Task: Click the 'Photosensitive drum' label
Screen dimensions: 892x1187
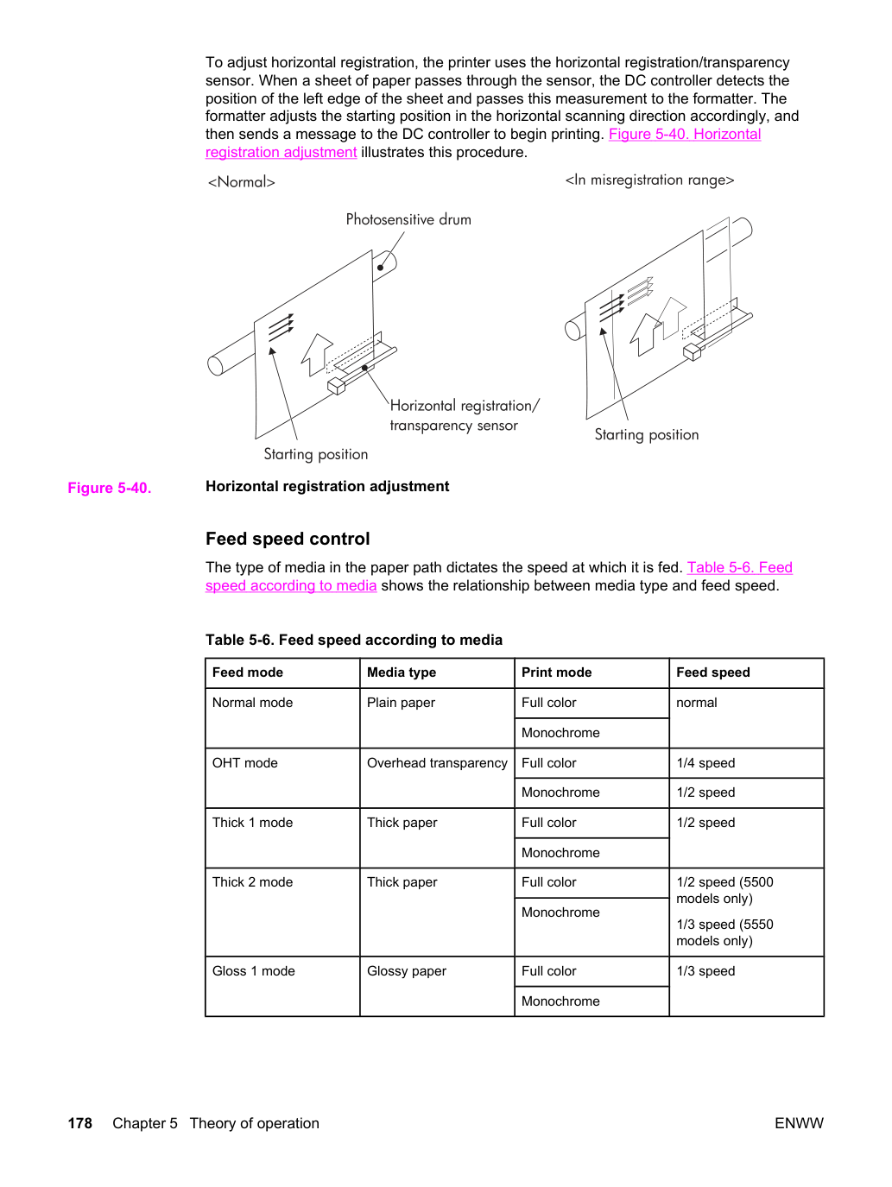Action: [x=408, y=219]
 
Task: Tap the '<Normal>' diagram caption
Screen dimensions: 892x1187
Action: [x=241, y=182]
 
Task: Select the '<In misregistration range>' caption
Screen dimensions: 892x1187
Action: [x=649, y=180]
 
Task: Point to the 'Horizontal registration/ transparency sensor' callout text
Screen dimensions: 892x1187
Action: [x=465, y=415]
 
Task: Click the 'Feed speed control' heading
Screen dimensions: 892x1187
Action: [x=288, y=539]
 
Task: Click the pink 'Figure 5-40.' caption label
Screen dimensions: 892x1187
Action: [x=110, y=488]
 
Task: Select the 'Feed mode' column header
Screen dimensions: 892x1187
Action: [x=248, y=672]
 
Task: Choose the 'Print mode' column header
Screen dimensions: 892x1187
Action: [x=557, y=672]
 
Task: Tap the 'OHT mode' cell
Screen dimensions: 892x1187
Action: [x=245, y=763]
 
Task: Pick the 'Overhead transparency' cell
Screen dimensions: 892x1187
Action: [x=437, y=763]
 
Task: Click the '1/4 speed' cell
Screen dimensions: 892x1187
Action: [x=705, y=763]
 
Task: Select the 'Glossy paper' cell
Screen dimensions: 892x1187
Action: [x=407, y=970]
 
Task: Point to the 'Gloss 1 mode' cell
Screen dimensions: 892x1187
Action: [x=254, y=970]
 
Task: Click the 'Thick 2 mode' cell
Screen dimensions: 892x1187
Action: [x=253, y=882]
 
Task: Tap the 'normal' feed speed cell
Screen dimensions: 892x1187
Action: [x=697, y=703]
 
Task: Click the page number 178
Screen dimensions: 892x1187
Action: [x=80, y=1123]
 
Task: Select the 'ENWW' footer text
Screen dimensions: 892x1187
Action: [x=799, y=1123]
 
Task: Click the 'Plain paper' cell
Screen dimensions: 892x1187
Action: [x=401, y=703]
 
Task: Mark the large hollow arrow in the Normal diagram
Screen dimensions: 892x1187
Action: [x=316, y=354]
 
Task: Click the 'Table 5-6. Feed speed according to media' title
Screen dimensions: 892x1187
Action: [x=354, y=640]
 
